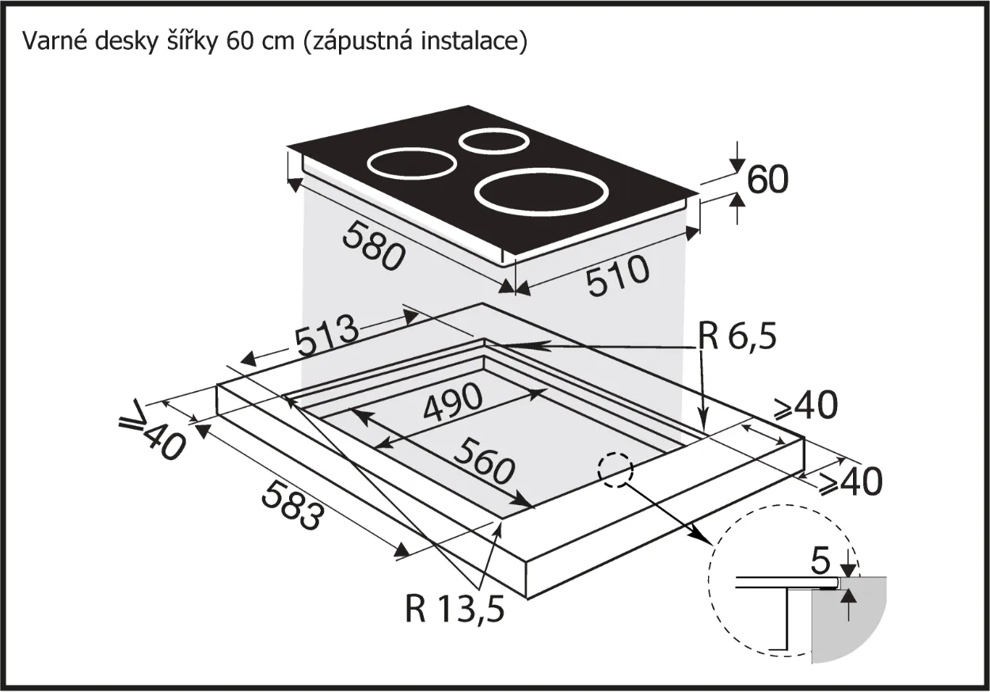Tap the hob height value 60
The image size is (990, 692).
click(767, 181)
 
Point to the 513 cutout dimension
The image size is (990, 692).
click(327, 340)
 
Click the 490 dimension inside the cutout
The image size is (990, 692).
click(452, 404)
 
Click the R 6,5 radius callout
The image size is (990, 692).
click(737, 338)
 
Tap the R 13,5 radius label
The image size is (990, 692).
click(454, 609)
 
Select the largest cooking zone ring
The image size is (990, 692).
click(542, 192)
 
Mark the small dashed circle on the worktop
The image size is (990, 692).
click(616, 470)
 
